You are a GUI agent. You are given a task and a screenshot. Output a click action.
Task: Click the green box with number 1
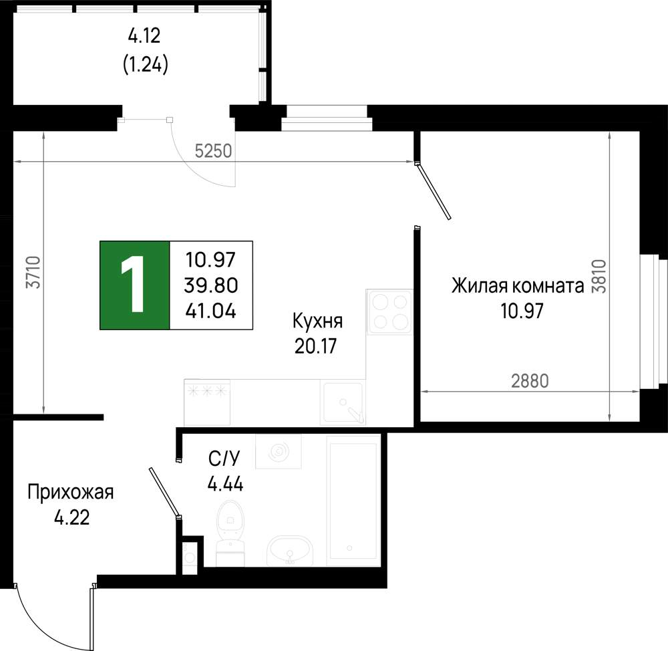coord(135,285)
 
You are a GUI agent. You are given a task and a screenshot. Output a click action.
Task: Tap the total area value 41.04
coord(211,311)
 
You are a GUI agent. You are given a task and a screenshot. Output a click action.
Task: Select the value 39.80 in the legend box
coord(211,285)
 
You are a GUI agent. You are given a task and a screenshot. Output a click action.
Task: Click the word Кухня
coord(317,321)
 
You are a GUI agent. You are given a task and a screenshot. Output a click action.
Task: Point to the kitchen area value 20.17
coord(315,346)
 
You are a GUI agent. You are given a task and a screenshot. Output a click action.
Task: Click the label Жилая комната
coord(518,286)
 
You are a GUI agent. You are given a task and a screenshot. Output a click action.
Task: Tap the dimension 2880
coord(530,381)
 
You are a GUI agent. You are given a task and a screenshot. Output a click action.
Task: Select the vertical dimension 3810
coord(599,276)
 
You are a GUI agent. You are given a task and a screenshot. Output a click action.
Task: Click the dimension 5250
coord(214,151)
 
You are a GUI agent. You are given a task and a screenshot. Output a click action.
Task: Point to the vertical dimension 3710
coord(33,273)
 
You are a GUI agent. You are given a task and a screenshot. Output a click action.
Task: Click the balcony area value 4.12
coord(144,36)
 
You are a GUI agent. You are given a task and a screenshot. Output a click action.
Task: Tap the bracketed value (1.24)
coord(145,65)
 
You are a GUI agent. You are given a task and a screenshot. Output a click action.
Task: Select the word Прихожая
coord(71,493)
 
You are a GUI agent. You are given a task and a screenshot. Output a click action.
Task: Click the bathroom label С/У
coord(224,459)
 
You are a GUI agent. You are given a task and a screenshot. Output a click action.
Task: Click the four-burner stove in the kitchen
coord(389,311)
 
